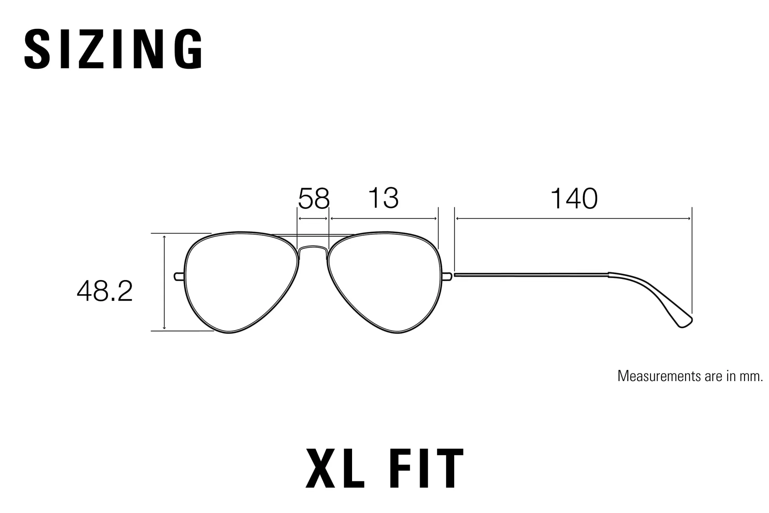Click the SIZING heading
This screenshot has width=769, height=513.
pos(114,49)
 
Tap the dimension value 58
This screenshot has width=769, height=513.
pos(314,198)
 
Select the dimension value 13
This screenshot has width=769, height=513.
pos(383,198)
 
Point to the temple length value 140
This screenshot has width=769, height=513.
pos(574,198)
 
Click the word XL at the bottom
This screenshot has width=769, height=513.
pos(334,468)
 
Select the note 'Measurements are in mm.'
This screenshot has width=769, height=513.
pos(690,376)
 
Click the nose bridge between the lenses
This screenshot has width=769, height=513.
pos(313,247)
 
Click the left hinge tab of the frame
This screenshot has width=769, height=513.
pos(179,277)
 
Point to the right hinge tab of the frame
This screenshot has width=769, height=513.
pos(448,277)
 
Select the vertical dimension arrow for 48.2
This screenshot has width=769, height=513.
pos(164,283)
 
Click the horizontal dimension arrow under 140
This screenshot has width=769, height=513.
pos(573,218)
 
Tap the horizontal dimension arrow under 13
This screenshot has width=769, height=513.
pos(383,218)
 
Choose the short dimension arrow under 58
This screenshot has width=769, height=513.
pos(313,218)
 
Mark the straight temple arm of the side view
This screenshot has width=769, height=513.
pos(531,275)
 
